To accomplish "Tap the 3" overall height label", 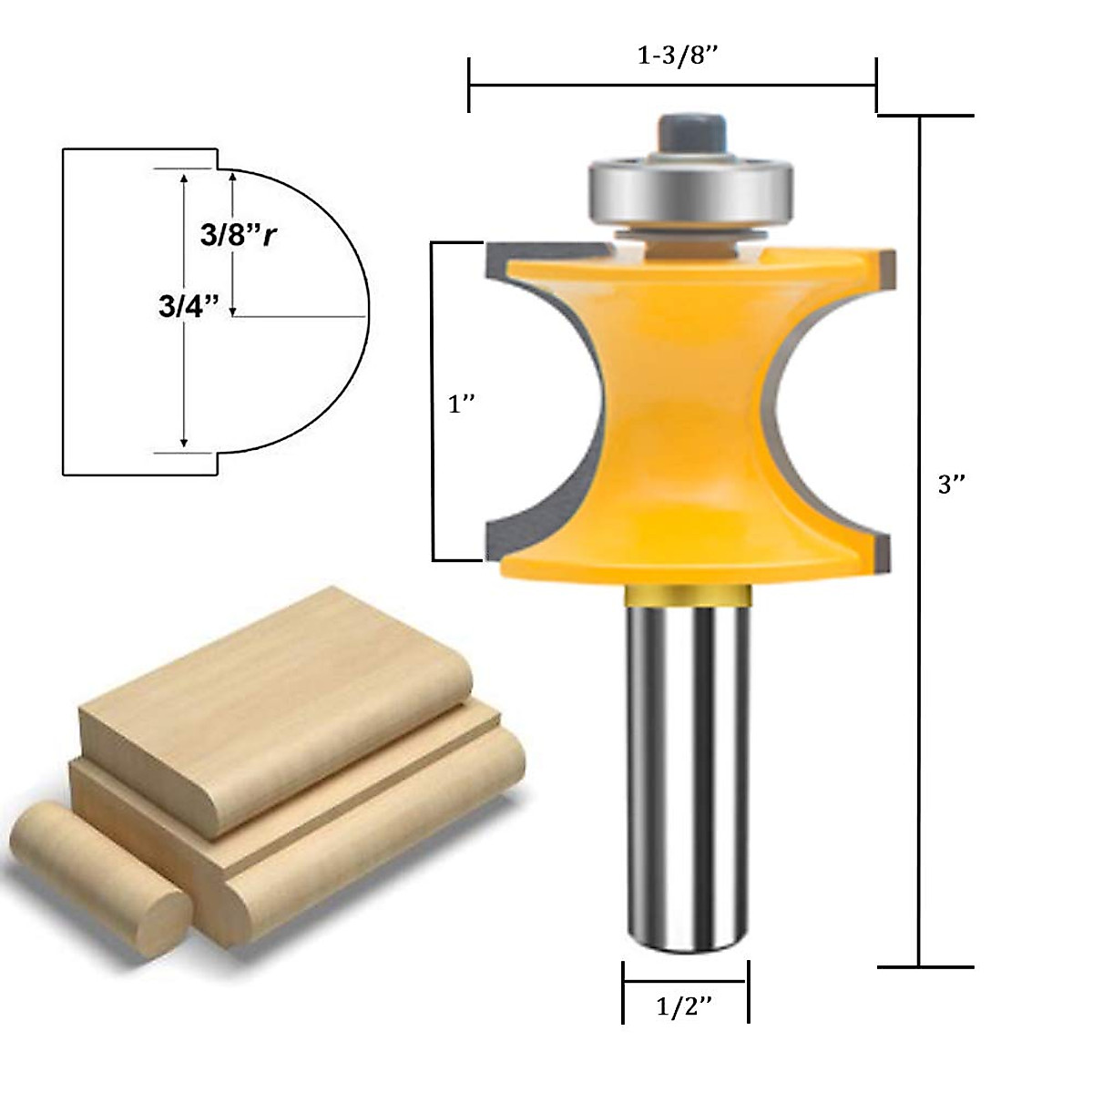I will coord(952,485).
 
